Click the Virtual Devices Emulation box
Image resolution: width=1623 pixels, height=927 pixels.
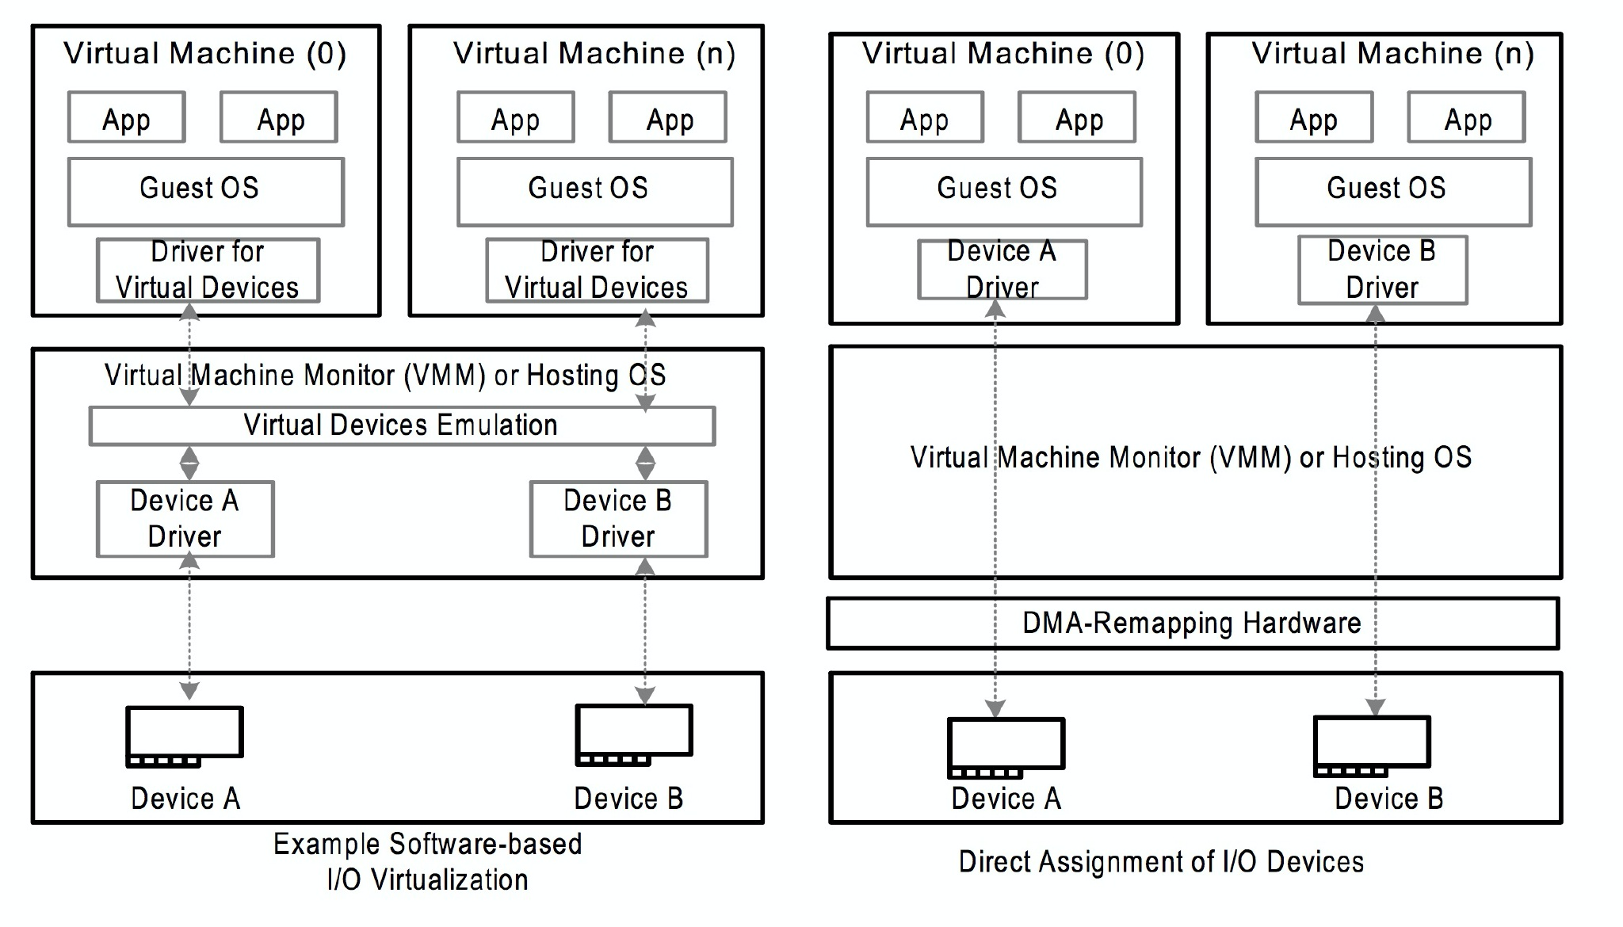point(402,426)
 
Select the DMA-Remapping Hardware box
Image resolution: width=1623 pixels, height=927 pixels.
point(1192,624)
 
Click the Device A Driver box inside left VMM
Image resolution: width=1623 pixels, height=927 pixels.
point(185,519)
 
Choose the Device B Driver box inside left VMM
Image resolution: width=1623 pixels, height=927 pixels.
point(618,519)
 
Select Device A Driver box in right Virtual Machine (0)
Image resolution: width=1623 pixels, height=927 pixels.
point(1002,269)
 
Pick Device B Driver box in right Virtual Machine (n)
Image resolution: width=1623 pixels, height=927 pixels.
point(1382,269)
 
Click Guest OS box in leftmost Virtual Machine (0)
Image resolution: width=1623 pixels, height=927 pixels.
point(205,191)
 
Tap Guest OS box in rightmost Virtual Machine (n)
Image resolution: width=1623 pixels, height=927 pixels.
point(1392,191)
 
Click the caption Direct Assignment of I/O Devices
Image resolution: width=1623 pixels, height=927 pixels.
point(1161,862)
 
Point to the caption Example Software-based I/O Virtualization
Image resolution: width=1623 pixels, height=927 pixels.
point(427,862)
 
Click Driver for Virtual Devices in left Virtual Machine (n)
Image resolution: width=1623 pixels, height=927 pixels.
point(597,270)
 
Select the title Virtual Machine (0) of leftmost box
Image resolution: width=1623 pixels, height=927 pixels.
point(204,54)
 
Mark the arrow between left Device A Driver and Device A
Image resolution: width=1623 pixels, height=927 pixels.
point(189,626)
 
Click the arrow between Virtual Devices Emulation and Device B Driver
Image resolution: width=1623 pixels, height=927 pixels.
point(645,463)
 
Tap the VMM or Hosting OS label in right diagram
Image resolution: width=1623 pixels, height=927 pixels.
point(1190,458)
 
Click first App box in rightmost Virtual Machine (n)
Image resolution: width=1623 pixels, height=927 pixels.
point(1313,117)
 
